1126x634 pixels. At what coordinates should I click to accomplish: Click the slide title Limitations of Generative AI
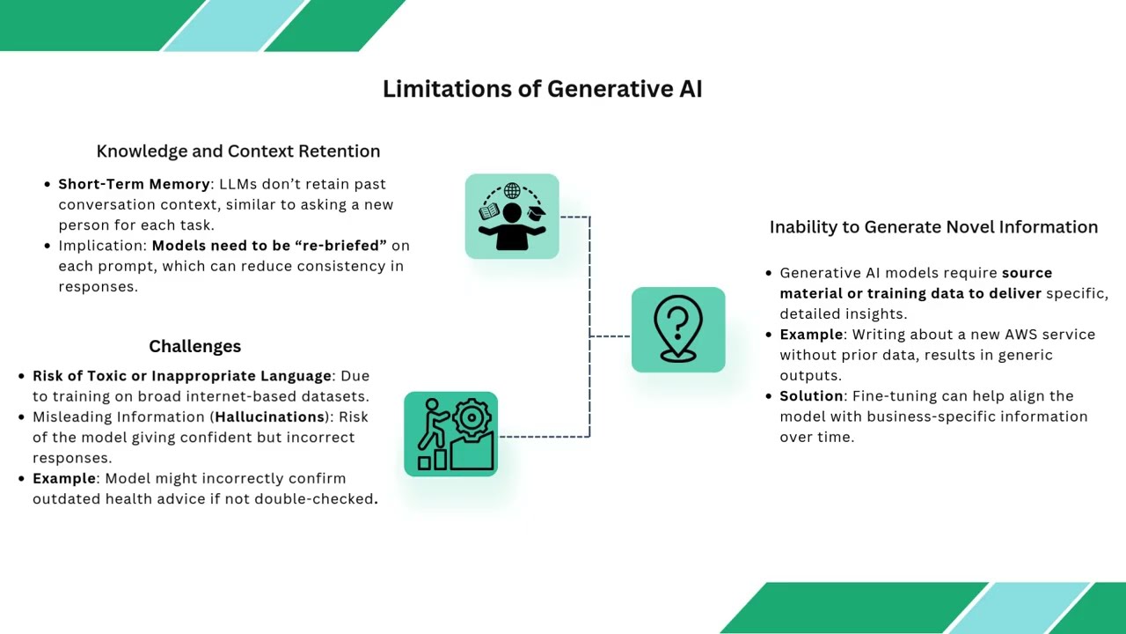click(542, 89)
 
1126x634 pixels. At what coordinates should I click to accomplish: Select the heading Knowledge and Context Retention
click(238, 151)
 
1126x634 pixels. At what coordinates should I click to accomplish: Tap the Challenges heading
click(194, 346)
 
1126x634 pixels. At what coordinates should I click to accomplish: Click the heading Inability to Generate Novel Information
click(933, 227)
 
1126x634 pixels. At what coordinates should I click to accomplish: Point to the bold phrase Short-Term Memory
click(134, 184)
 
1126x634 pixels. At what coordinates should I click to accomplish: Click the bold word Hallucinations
click(269, 417)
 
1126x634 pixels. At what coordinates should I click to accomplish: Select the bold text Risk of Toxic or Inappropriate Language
click(182, 376)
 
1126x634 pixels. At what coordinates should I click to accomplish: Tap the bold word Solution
click(811, 396)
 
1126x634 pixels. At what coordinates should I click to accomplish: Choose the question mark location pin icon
click(678, 329)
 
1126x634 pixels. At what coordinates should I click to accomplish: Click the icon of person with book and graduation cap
click(512, 217)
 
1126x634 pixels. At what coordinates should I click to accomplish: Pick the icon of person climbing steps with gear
click(450, 434)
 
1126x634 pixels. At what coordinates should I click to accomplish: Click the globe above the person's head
click(512, 190)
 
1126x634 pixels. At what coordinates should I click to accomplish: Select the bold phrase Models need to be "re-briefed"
click(268, 246)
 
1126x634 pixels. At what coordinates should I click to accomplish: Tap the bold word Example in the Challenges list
click(64, 478)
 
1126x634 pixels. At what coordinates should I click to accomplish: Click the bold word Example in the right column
click(811, 335)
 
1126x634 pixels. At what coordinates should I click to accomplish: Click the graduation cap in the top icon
click(535, 211)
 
